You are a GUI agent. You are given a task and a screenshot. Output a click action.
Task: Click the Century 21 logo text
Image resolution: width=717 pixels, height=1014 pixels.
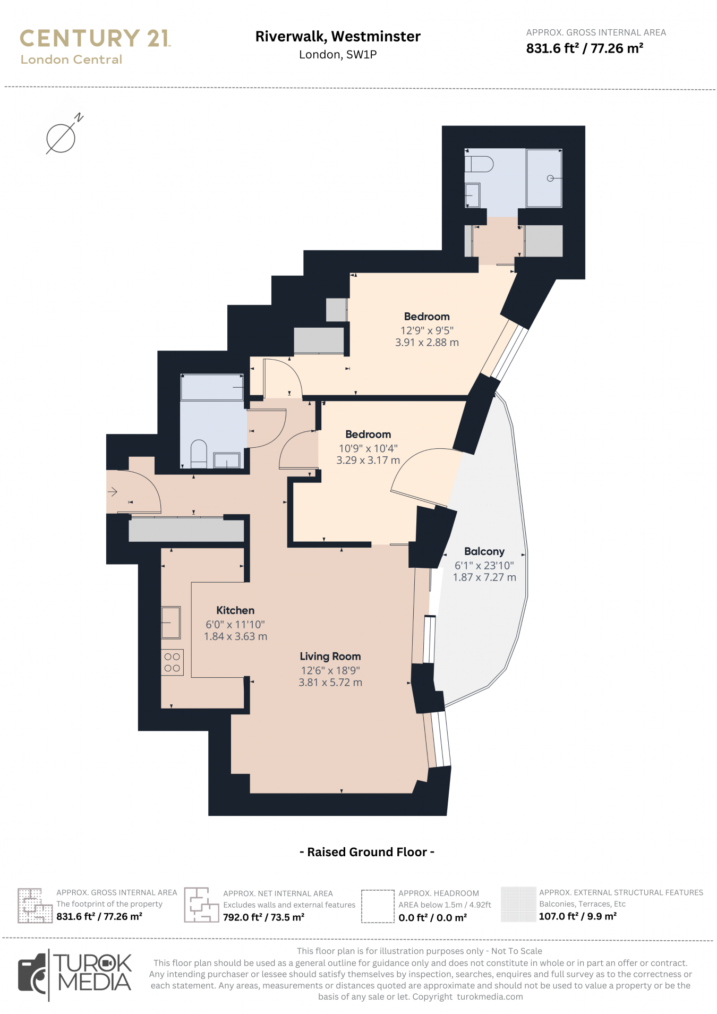(95, 39)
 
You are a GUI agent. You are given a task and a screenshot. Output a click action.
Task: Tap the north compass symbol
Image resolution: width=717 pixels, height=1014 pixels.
(61, 138)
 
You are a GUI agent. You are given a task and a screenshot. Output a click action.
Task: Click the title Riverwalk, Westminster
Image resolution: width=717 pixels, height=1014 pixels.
(338, 37)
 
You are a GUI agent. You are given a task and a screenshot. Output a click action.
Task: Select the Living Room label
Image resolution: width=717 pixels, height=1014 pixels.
(330, 657)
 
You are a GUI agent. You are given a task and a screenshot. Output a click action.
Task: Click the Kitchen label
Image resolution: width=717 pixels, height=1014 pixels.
(235, 610)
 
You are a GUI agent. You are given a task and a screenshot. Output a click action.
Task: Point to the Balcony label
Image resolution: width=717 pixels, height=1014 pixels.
(484, 551)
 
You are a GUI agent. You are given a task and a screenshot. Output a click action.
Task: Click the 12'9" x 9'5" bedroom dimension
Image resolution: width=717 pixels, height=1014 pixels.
(426, 330)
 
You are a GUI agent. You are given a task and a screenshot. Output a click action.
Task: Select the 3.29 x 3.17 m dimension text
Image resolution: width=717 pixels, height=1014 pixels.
(368, 461)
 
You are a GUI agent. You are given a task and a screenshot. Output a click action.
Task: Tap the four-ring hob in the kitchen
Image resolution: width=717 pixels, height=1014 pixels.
(172, 662)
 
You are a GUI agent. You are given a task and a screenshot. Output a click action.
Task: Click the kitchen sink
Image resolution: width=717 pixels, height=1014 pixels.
(171, 622)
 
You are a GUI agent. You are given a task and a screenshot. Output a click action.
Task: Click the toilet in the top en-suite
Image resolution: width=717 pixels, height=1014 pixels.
(479, 164)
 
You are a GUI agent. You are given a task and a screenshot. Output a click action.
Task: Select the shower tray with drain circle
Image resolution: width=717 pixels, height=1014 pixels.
(544, 178)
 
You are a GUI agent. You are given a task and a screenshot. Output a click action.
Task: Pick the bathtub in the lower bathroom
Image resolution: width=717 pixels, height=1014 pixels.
(212, 387)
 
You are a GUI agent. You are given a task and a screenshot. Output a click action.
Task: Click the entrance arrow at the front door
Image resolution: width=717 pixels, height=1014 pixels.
(113, 492)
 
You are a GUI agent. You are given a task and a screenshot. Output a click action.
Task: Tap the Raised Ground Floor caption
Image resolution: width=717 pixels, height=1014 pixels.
(367, 852)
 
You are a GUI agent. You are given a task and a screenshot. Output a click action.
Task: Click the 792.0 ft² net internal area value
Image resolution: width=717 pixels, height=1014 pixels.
(263, 917)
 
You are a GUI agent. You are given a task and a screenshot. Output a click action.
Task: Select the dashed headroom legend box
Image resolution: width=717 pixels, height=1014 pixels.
(378, 906)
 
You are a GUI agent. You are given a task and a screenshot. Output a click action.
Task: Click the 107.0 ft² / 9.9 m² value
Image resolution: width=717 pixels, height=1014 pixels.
(577, 916)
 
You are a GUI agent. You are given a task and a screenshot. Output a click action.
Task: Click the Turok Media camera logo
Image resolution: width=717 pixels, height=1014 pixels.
(33, 975)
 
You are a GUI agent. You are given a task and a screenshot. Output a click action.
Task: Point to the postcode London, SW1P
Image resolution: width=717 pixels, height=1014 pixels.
(338, 55)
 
